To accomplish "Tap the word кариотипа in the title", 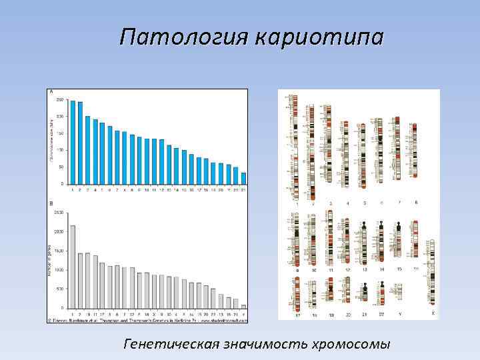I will point(319,37).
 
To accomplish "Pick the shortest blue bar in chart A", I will point(243,178).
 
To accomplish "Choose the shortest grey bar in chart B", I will point(243,307).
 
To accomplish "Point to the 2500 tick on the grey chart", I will point(58,213).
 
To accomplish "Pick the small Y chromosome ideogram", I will point(399,292).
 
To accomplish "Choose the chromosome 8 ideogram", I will point(415,150).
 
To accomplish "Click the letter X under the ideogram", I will point(433,313).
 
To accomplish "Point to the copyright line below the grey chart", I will point(147,319).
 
